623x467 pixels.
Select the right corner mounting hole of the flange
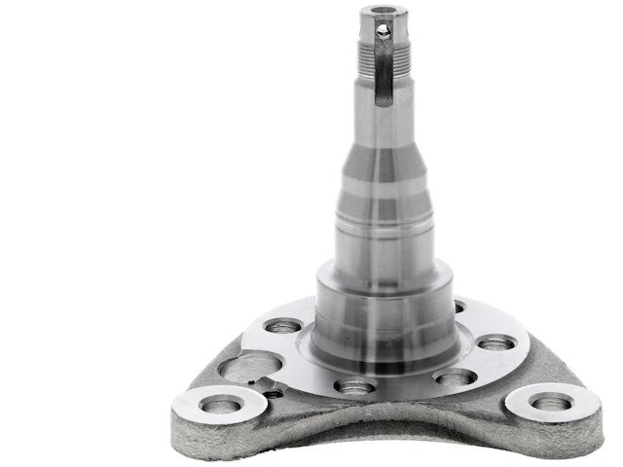550,401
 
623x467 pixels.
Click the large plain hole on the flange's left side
250,367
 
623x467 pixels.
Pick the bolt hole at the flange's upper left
284,327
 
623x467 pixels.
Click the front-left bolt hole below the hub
354,386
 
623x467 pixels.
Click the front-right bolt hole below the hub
456,377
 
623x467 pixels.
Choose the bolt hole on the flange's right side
495,342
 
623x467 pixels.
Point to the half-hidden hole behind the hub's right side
459,307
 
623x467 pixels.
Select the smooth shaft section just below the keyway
381,122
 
